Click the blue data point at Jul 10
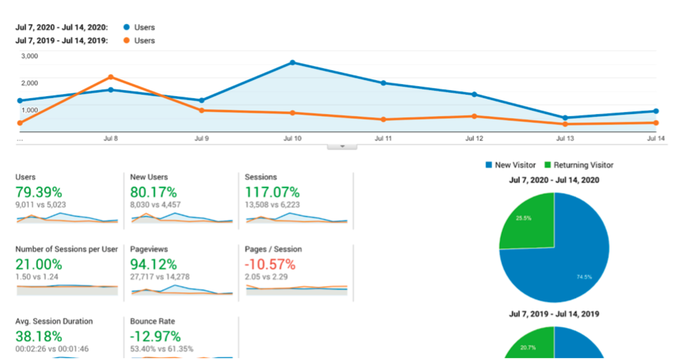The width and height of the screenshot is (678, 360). tap(293, 63)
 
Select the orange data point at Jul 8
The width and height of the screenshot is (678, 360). tap(111, 77)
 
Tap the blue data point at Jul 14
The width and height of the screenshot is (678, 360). tap(656, 111)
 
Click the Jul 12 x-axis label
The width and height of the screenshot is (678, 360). tap(474, 139)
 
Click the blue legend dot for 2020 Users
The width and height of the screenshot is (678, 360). tap(126, 27)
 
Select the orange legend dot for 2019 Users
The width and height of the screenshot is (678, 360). tap(126, 41)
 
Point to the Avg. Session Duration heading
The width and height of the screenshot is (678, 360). tap(54, 321)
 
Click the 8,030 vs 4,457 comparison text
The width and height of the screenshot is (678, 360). tap(155, 205)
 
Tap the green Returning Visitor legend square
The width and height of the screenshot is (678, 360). tap(548, 165)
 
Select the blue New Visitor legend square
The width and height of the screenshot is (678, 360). tap(489, 165)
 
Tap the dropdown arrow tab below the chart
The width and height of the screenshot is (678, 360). tap(341, 146)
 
